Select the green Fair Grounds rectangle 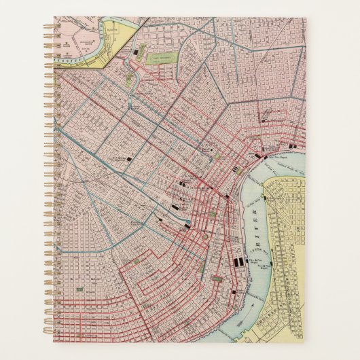tap(162, 58)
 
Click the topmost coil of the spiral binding tap(50, 26)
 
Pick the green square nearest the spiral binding tap(79, 289)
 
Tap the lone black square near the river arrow tap(234, 292)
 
